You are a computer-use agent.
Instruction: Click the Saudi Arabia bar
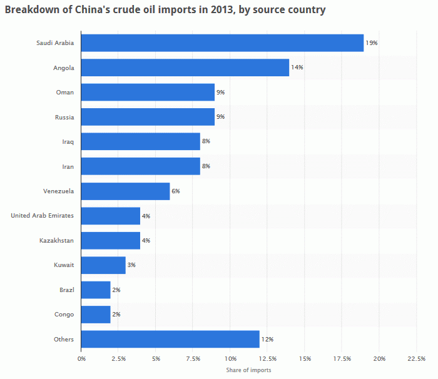click(x=222, y=43)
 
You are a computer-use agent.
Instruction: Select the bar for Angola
click(x=185, y=68)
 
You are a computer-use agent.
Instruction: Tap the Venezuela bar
click(x=125, y=191)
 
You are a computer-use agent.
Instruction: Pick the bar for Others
click(x=170, y=339)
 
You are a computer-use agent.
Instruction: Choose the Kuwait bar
click(x=103, y=265)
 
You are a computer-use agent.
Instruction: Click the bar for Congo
click(x=96, y=315)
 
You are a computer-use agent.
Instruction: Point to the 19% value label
click(x=372, y=43)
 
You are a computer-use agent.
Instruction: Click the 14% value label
click(x=297, y=68)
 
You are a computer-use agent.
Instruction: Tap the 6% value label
click(x=176, y=191)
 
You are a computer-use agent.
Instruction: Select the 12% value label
click(x=267, y=339)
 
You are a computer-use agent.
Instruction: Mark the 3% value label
click(x=131, y=265)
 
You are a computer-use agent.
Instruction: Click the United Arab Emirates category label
click(x=42, y=216)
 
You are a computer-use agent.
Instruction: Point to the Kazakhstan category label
click(x=56, y=240)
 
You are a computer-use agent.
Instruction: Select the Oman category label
click(x=65, y=93)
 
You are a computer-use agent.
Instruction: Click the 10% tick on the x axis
click(x=230, y=358)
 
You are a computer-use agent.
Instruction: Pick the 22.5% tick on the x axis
click(x=416, y=358)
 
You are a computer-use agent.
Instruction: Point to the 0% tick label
click(x=81, y=358)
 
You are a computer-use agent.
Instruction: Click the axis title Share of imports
click(x=248, y=370)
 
